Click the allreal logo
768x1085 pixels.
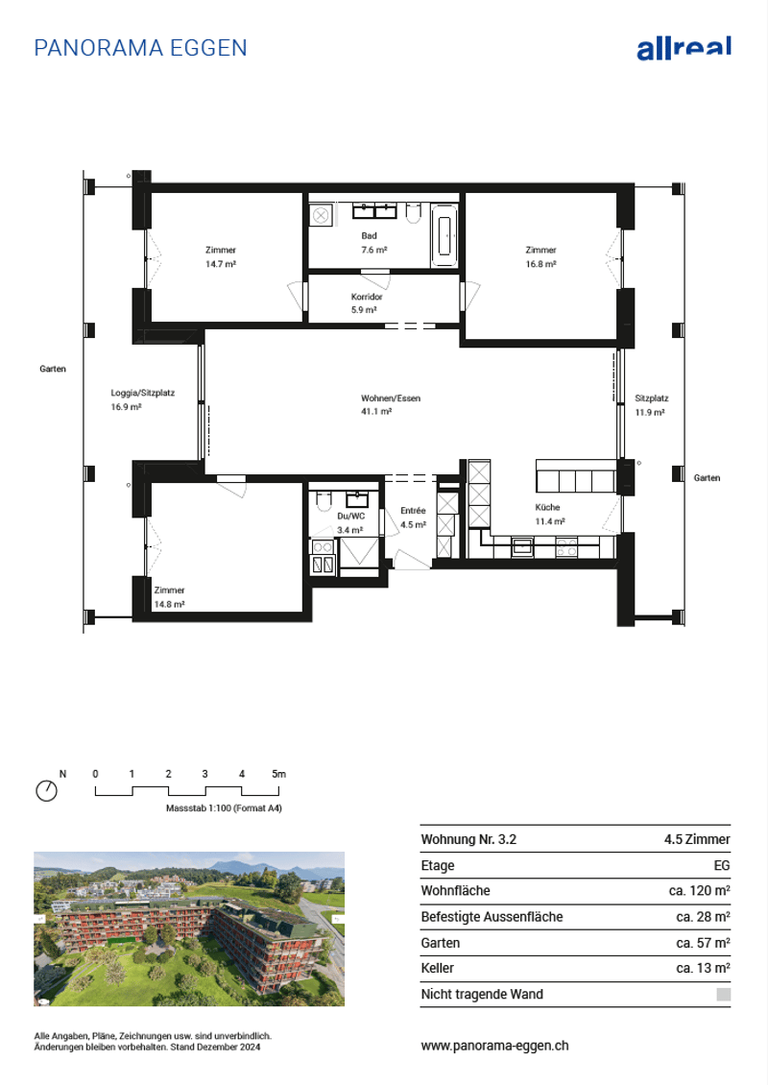[684, 48]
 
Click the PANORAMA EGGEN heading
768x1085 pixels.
[140, 48]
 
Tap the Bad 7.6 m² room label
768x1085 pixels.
[373, 243]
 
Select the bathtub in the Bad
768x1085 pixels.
[444, 235]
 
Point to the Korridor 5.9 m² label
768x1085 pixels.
[366, 303]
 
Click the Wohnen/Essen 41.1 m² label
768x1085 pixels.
[390, 405]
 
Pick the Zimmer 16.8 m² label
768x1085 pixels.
[540, 256]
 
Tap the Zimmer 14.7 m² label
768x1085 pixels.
[220, 256]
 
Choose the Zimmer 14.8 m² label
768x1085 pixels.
[169, 597]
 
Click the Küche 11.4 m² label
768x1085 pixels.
[549, 514]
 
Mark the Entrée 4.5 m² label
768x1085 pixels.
[413, 518]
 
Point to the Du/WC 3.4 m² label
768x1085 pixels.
[350, 523]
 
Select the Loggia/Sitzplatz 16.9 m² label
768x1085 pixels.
[142, 400]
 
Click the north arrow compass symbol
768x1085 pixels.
[46, 790]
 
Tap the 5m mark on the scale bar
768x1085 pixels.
[278, 774]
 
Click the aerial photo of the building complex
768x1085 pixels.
[189, 928]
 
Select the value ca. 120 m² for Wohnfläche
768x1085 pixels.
[700, 890]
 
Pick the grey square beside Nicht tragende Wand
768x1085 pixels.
[724, 995]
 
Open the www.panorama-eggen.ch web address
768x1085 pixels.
[494, 1046]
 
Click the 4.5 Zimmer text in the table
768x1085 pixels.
[697, 839]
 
